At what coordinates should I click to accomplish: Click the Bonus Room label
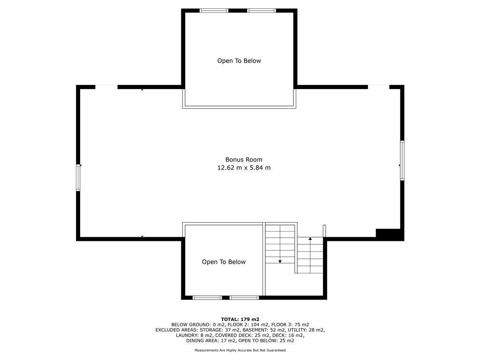coord(244,159)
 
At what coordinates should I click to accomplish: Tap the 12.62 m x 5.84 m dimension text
coord(244,168)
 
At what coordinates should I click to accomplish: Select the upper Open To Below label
coord(239,61)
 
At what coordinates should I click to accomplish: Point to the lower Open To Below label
coord(224,262)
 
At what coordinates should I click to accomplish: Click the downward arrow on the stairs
coord(280,260)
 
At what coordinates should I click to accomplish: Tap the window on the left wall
coord(79,178)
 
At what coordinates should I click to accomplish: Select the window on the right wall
coord(402,160)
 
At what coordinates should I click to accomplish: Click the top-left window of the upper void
coord(214,10)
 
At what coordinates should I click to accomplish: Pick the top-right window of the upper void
coord(262,10)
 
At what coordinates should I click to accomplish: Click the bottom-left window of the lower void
coord(207,297)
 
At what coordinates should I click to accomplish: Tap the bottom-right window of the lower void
coord(244,297)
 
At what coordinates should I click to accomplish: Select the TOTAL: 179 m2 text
coord(240,319)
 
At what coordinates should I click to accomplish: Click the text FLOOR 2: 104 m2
coord(252,324)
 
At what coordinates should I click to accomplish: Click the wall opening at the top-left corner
coord(106,87)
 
